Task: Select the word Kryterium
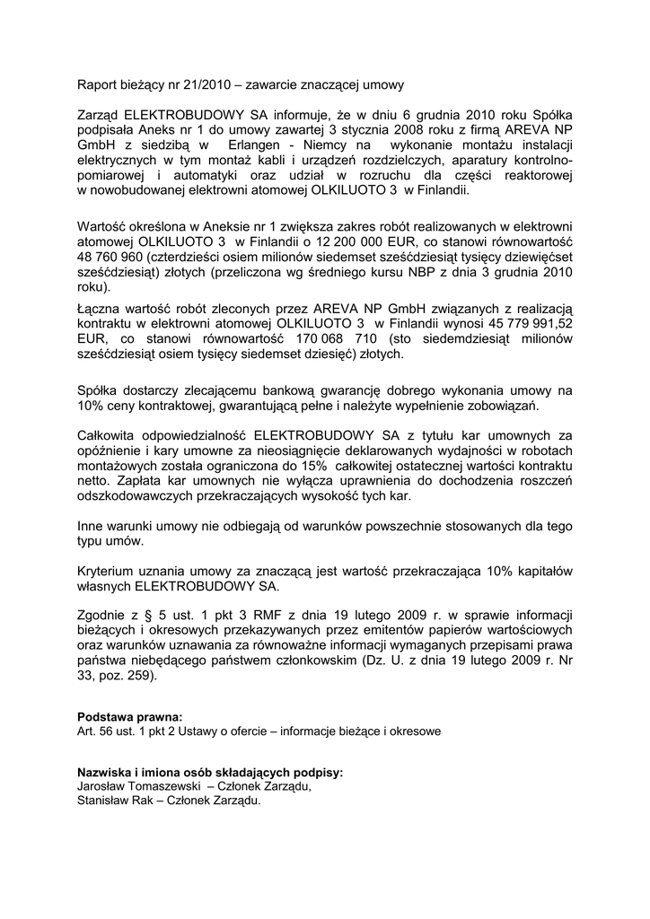tap(109, 571)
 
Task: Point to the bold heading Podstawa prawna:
tap(129, 717)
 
